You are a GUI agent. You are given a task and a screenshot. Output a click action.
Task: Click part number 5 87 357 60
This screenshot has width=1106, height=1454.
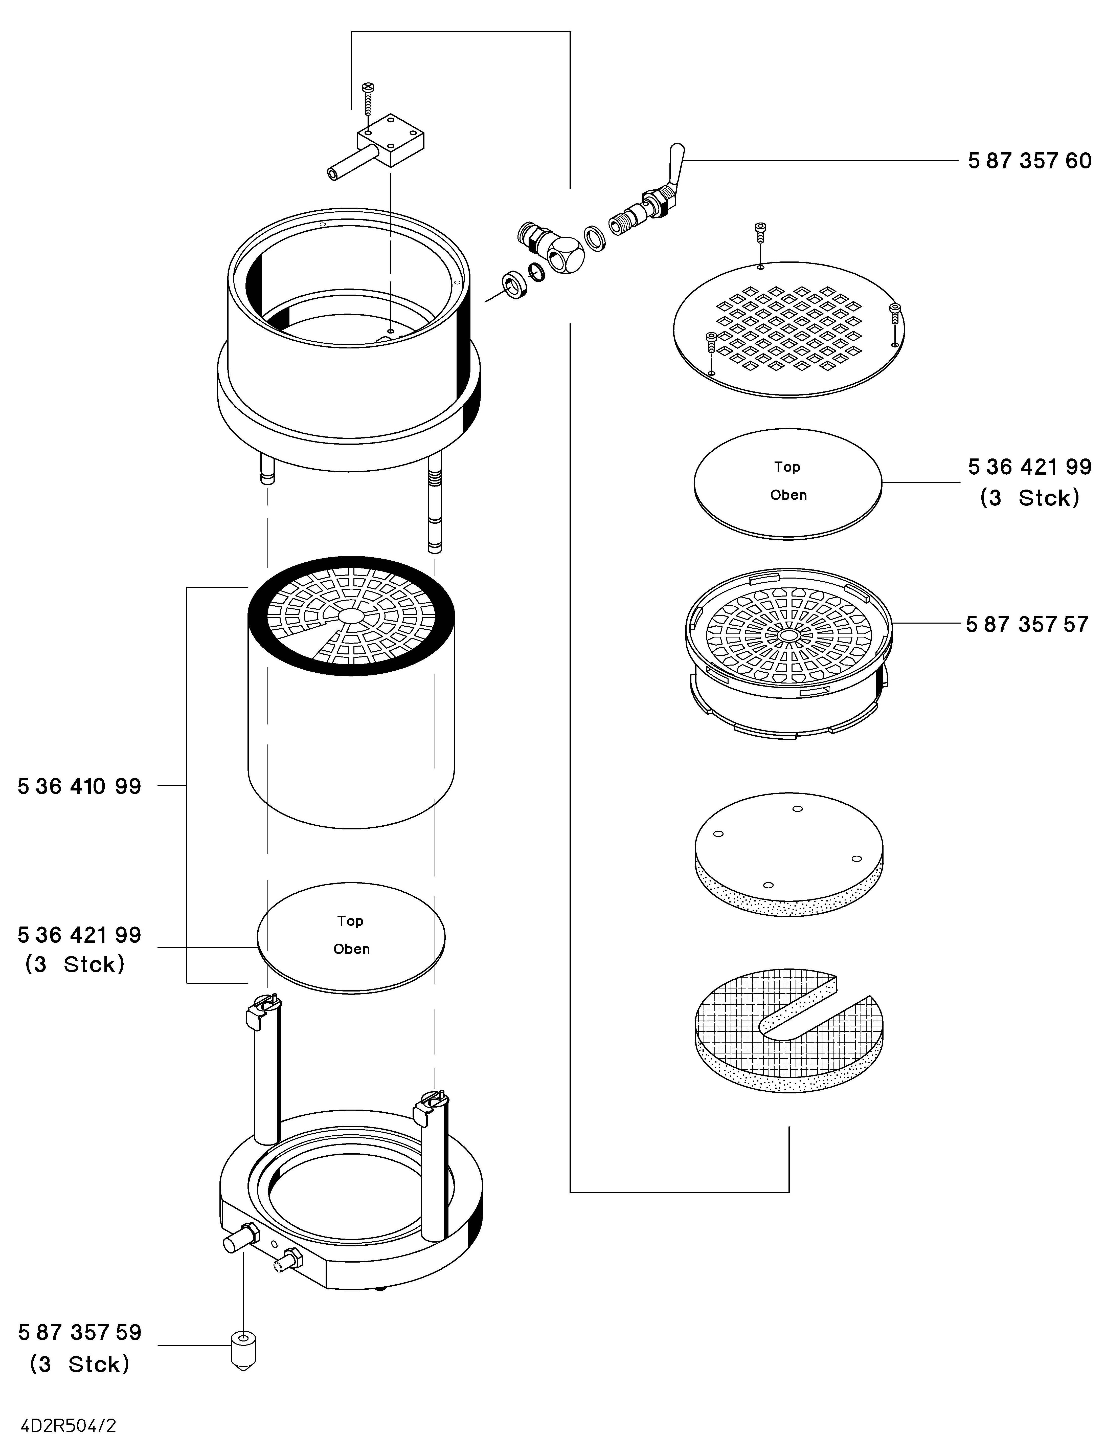1029,161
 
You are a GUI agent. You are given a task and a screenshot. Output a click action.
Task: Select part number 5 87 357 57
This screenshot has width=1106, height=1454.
1027,624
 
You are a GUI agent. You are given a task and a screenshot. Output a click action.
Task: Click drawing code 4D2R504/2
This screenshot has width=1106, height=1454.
69,1426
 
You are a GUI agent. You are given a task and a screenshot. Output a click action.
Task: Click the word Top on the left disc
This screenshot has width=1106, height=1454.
350,921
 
